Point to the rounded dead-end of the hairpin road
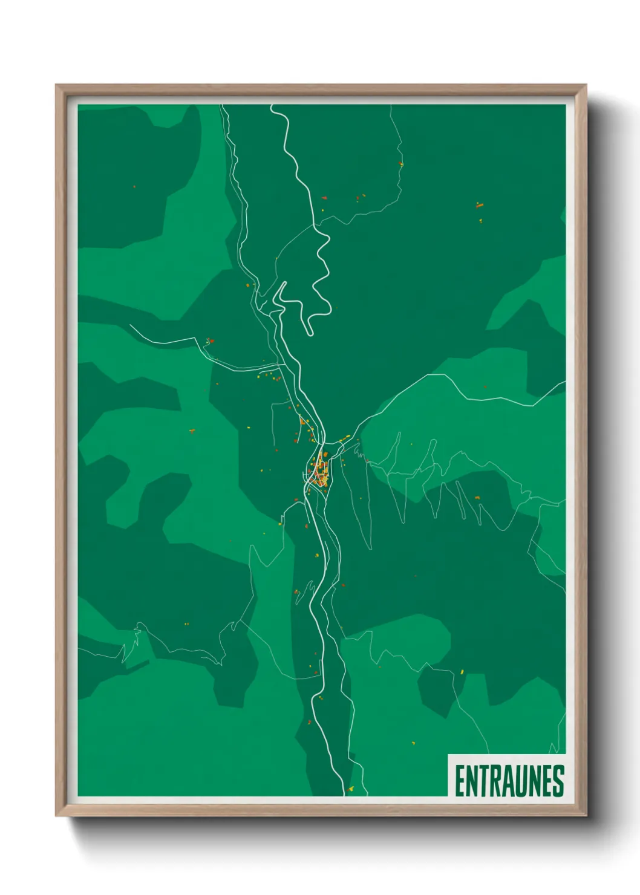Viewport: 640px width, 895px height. tap(309, 331)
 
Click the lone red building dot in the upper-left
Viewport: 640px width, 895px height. tap(134, 187)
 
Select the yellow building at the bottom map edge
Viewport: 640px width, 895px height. tap(351, 789)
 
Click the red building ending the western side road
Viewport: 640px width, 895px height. tap(210, 341)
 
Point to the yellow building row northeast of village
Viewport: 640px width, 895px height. tap(344, 438)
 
